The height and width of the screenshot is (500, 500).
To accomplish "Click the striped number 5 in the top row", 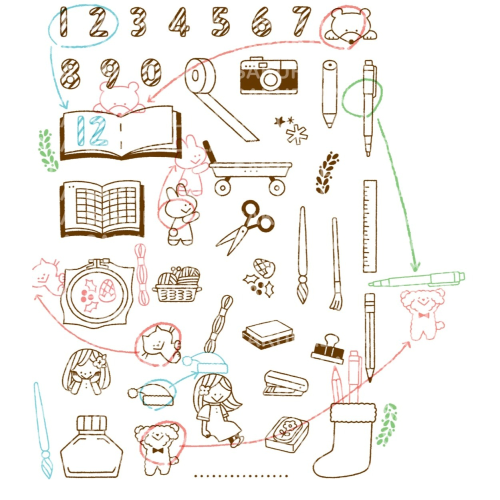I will (220, 22).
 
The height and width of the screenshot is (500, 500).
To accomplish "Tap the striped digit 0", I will (150, 73).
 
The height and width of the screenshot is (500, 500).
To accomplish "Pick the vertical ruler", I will (370, 226).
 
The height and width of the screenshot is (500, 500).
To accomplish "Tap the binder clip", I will (328, 348).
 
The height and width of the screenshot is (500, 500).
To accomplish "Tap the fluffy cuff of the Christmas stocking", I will (352, 412).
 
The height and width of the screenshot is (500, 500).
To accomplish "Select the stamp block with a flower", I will (286, 432).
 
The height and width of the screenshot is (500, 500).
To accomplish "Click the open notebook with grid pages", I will (102, 208).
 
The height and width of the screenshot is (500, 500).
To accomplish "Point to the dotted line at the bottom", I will (241, 476).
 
